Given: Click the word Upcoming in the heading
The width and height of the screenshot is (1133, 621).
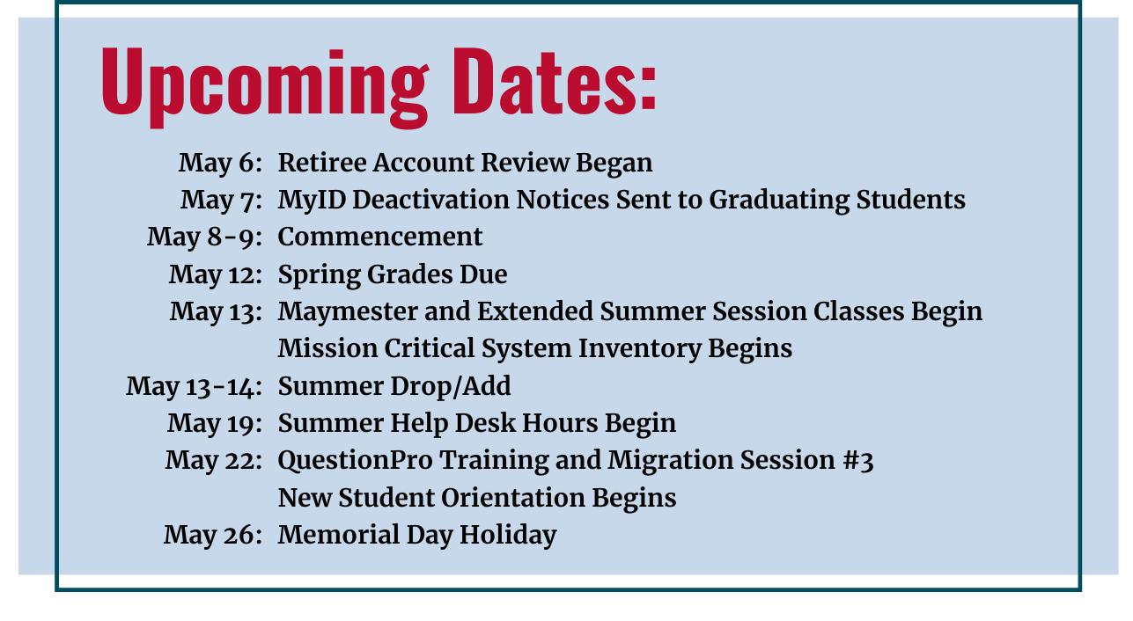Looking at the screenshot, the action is pos(266,86).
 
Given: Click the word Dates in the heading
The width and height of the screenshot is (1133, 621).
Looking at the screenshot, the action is pos(555,81).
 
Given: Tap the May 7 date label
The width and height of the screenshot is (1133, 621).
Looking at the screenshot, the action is pos(222,201).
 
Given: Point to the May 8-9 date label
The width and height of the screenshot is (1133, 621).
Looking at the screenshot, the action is pos(205,237).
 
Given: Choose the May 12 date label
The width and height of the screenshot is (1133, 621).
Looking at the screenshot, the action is pos(216,275).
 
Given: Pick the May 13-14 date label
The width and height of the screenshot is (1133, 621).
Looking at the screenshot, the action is pos(195,387).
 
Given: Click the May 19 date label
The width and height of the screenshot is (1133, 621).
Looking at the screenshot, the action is pos(215,424).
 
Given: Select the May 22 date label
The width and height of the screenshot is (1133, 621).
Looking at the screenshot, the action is pos(214,461).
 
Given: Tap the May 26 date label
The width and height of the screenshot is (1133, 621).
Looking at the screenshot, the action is pos(213,536).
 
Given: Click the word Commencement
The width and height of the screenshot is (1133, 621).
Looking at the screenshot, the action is pos(380,237).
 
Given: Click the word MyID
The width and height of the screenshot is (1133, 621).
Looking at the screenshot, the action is pos(312,201).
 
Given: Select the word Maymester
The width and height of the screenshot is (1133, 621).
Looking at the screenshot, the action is pos(348,312).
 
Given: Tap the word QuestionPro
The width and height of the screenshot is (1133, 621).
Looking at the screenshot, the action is pos(356,461).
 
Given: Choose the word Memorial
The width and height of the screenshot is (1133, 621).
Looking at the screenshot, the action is pos(339,535).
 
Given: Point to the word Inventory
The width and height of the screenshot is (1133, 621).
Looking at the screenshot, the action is pos(639,349).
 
